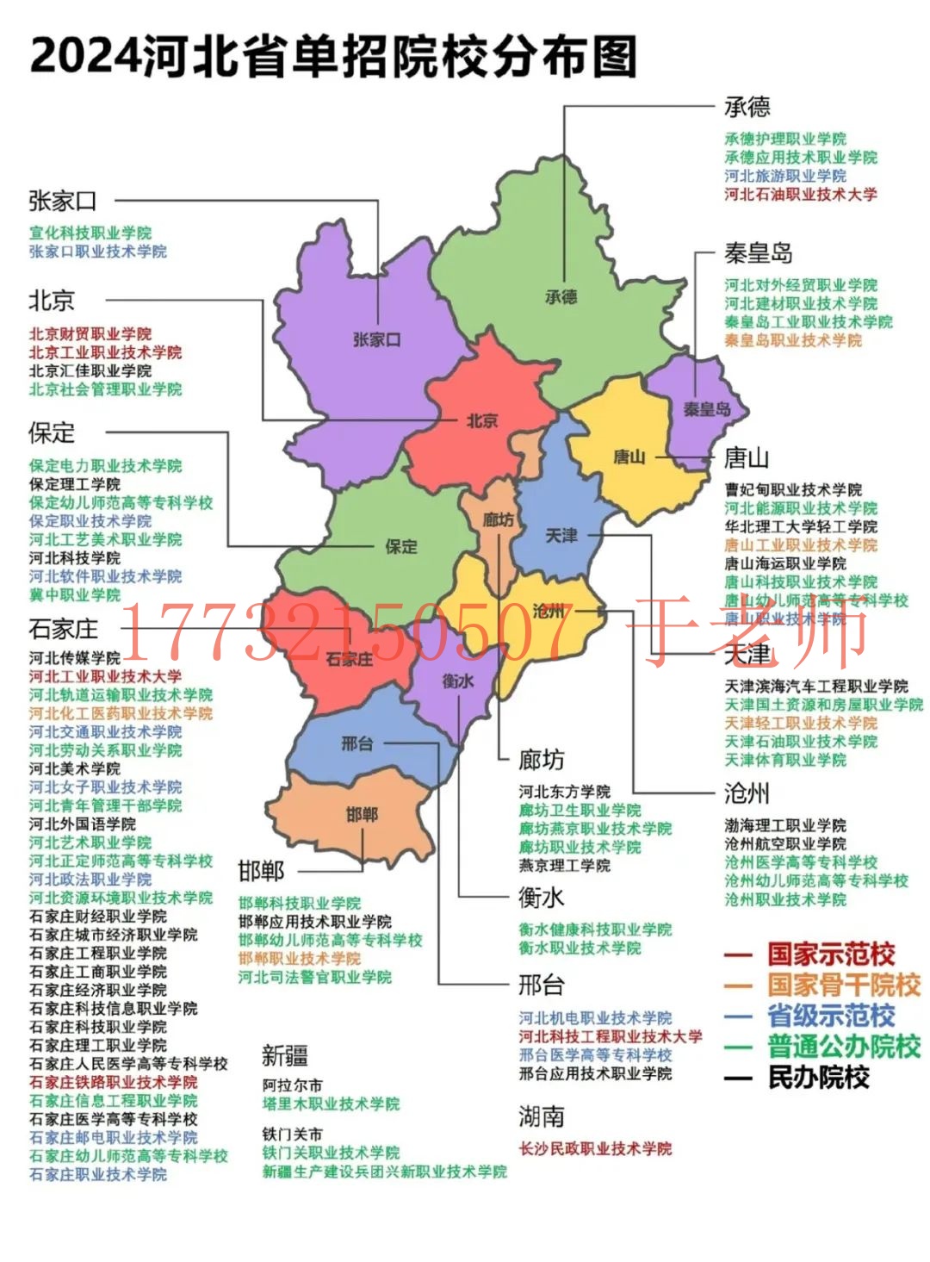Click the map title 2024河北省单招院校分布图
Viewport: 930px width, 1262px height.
coord(333,56)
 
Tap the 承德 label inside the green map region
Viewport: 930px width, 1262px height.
coord(561,296)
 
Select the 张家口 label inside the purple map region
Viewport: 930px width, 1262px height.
coord(377,339)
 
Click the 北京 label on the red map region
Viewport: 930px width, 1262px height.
coord(482,420)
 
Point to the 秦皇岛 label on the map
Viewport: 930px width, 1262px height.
coord(706,409)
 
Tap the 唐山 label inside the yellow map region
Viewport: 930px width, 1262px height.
coord(629,457)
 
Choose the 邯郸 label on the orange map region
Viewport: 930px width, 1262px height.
coord(362,814)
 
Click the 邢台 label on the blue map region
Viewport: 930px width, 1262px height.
coord(356,743)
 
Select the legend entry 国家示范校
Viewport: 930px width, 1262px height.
coord(831,954)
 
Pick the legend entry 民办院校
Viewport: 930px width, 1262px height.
coord(818,1078)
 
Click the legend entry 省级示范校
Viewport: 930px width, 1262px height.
coord(831,1016)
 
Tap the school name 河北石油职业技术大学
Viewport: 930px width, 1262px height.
coord(800,195)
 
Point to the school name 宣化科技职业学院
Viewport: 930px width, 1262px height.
coord(90,233)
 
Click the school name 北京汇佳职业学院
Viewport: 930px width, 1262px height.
coord(90,370)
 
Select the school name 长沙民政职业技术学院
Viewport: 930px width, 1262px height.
coord(595,1148)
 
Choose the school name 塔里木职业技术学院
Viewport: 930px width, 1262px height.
coord(331,1103)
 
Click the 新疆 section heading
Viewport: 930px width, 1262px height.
coord(285,1055)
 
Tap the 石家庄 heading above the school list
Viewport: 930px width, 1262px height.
coord(64,629)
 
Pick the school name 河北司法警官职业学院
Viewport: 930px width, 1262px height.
coord(315,977)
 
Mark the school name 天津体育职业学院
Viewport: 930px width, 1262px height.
coord(785,760)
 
